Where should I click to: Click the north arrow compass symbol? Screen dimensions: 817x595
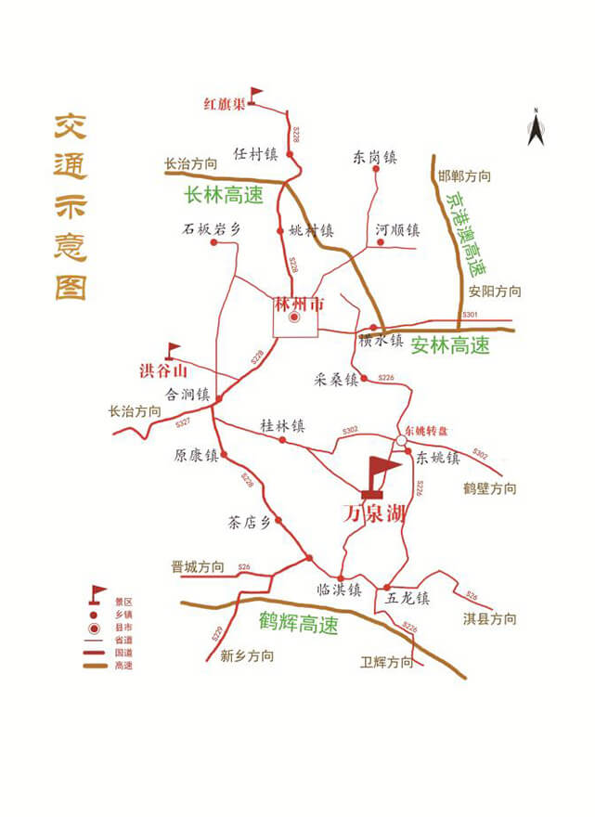[535, 128]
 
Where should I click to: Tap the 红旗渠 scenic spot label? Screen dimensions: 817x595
[224, 103]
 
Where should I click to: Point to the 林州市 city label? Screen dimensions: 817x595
[295, 303]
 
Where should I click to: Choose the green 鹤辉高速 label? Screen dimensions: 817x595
[299, 625]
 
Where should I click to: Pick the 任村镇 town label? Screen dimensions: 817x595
[255, 153]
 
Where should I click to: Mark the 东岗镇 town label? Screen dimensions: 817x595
[375, 158]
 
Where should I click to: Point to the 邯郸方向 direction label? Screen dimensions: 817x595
[464, 176]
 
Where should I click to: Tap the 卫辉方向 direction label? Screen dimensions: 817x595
[387, 663]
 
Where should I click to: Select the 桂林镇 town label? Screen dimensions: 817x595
[282, 426]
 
